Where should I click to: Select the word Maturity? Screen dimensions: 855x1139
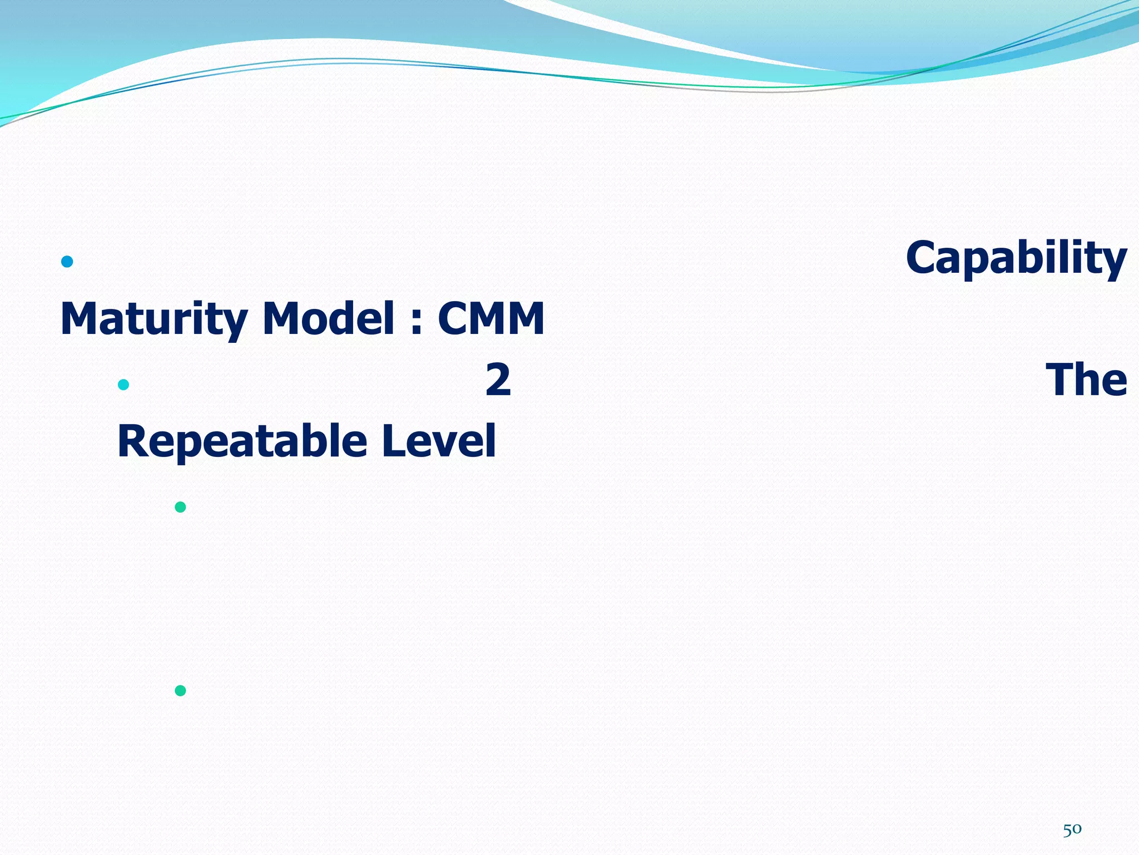[153, 319]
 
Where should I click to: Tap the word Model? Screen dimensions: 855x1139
[328, 318]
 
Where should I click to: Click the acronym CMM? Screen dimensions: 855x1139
[491, 318]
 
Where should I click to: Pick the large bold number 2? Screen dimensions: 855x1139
[498, 380]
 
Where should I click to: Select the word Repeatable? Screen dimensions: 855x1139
[242, 441]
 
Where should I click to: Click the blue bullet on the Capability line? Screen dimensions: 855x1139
[67, 262]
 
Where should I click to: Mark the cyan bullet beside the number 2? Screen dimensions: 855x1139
[123, 385]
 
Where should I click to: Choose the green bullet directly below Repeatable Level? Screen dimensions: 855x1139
[180, 507]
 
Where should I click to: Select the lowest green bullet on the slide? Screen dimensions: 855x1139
[180, 691]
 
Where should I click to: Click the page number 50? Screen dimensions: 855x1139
[1072, 829]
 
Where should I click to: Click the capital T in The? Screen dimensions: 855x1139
[1061, 380]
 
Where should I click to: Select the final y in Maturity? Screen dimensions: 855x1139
[237, 323]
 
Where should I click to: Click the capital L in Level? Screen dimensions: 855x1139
[393, 441]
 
